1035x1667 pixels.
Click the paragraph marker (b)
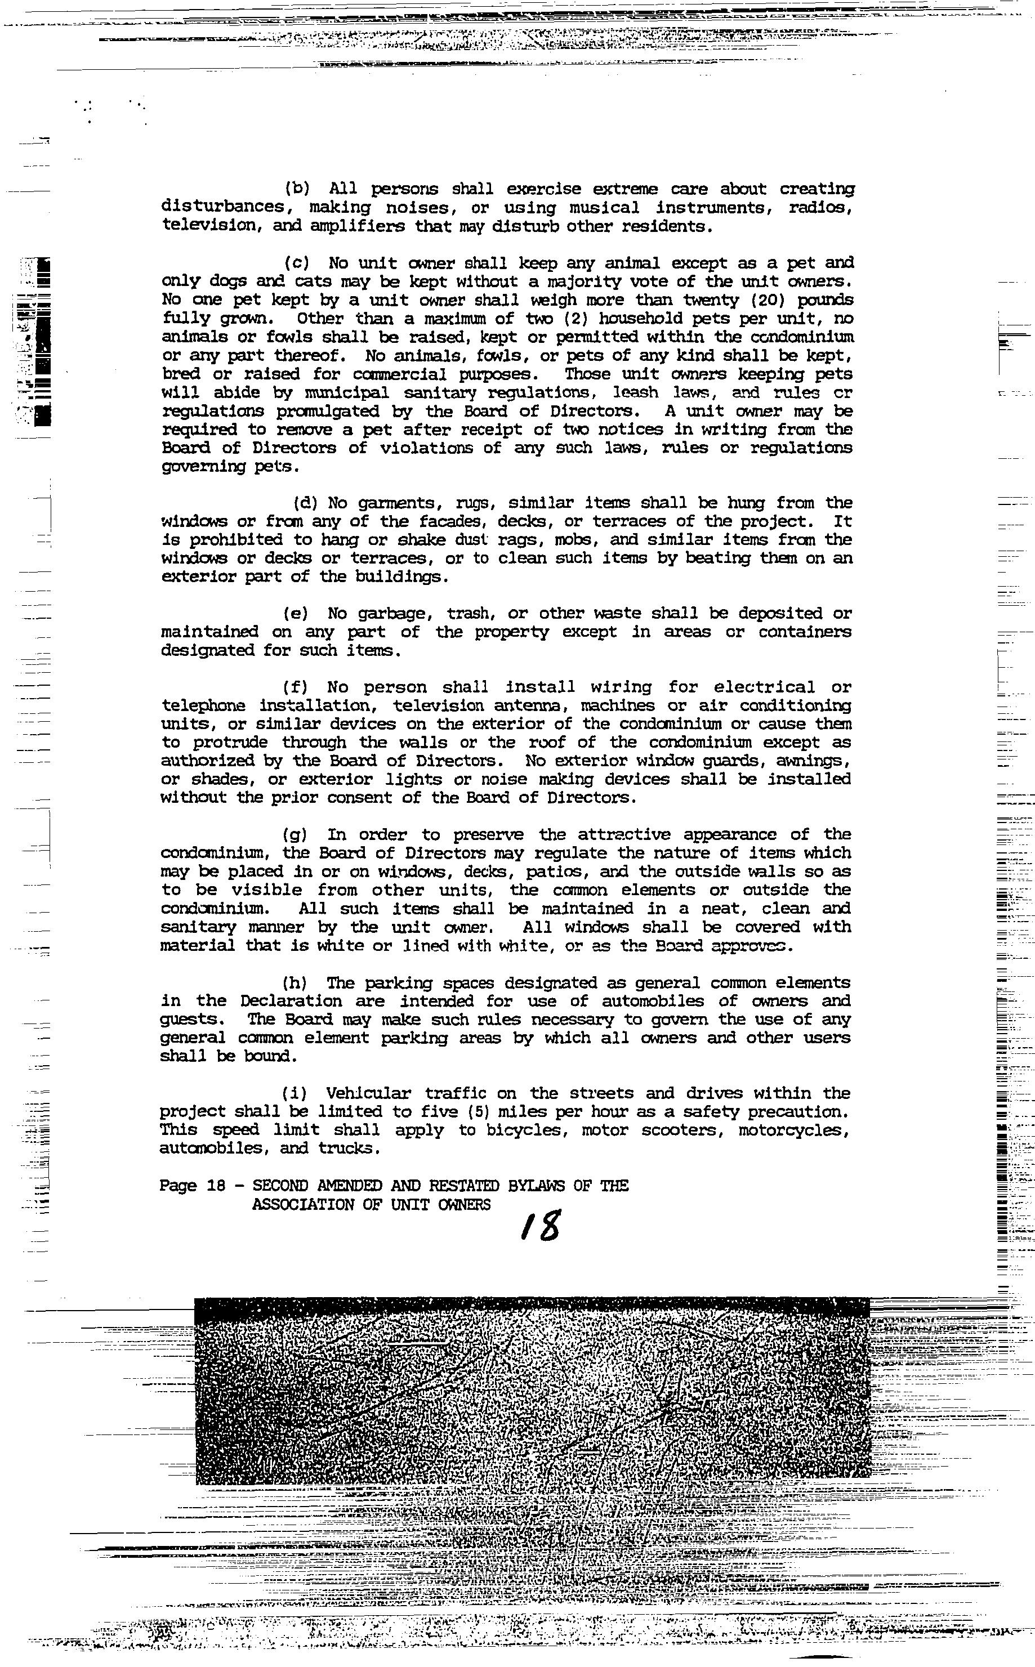pyautogui.click(x=296, y=189)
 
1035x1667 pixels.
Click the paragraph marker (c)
pyautogui.click(x=296, y=263)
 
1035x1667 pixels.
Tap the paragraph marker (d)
pyautogui.click(x=305, y=503)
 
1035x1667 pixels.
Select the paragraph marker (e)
pyautogui.click(x=296, y=614)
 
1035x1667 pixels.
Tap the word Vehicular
pyautogui.click(x=368, y=1093)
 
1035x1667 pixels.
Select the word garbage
pyautogui.click(x=398, y=614)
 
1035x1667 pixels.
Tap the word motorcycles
pyautogui.click(x=793, y=1130)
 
